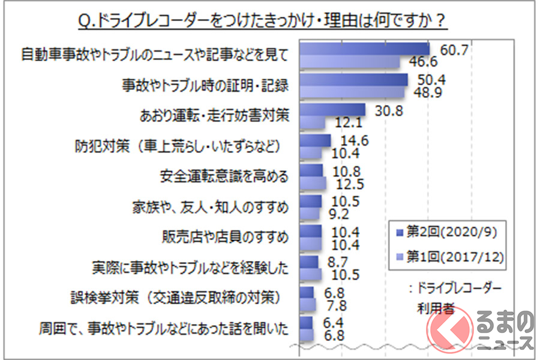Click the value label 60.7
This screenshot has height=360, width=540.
click(x=454, y=50)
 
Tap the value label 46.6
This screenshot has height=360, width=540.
click(x=423, y=62)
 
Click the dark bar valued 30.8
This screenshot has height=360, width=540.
click(x=332, y=110)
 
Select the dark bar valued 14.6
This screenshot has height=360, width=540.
click(x=314, y=140)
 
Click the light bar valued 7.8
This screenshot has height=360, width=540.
click(x=307, y=305)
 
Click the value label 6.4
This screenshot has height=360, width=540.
click(x=334, y=323)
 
